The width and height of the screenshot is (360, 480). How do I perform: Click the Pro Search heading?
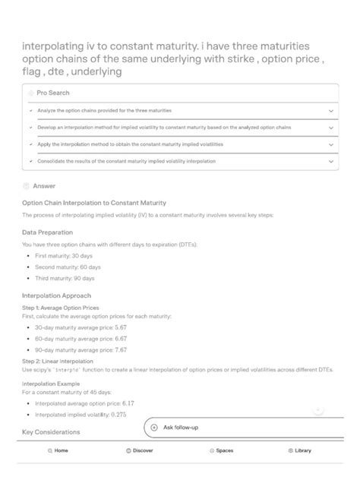point(52,93)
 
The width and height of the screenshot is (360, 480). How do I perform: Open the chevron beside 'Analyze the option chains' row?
point(330,110)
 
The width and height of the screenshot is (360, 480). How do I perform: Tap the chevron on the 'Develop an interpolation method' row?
point(330,128)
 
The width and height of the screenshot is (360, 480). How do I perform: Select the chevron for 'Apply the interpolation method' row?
point(330,144)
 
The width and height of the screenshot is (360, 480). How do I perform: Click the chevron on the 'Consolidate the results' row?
point(330,161)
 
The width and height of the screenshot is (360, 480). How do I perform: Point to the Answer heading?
point(44,185)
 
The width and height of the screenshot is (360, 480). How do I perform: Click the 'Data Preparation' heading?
point(48,232)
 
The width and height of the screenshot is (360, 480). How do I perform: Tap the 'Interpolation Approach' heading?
point(57,295)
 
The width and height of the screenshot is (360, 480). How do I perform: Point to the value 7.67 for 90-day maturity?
point(121,349)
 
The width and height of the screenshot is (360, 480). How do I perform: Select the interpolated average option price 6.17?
point(127,403)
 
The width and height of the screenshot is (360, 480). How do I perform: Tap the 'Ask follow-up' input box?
point(235,428)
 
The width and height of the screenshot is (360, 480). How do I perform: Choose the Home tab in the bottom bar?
point(58,450)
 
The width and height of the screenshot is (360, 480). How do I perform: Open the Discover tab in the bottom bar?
point(139,450)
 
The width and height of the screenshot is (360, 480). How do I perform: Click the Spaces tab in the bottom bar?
point(221,450)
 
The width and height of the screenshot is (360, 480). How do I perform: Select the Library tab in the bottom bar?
point(299,450)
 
